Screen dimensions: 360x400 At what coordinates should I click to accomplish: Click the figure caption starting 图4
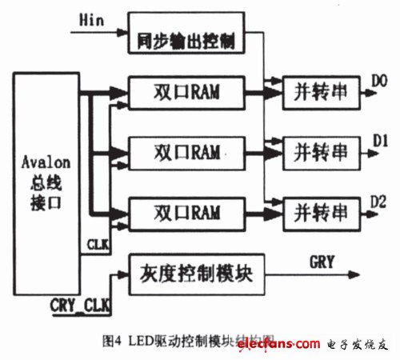pos(204,334)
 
